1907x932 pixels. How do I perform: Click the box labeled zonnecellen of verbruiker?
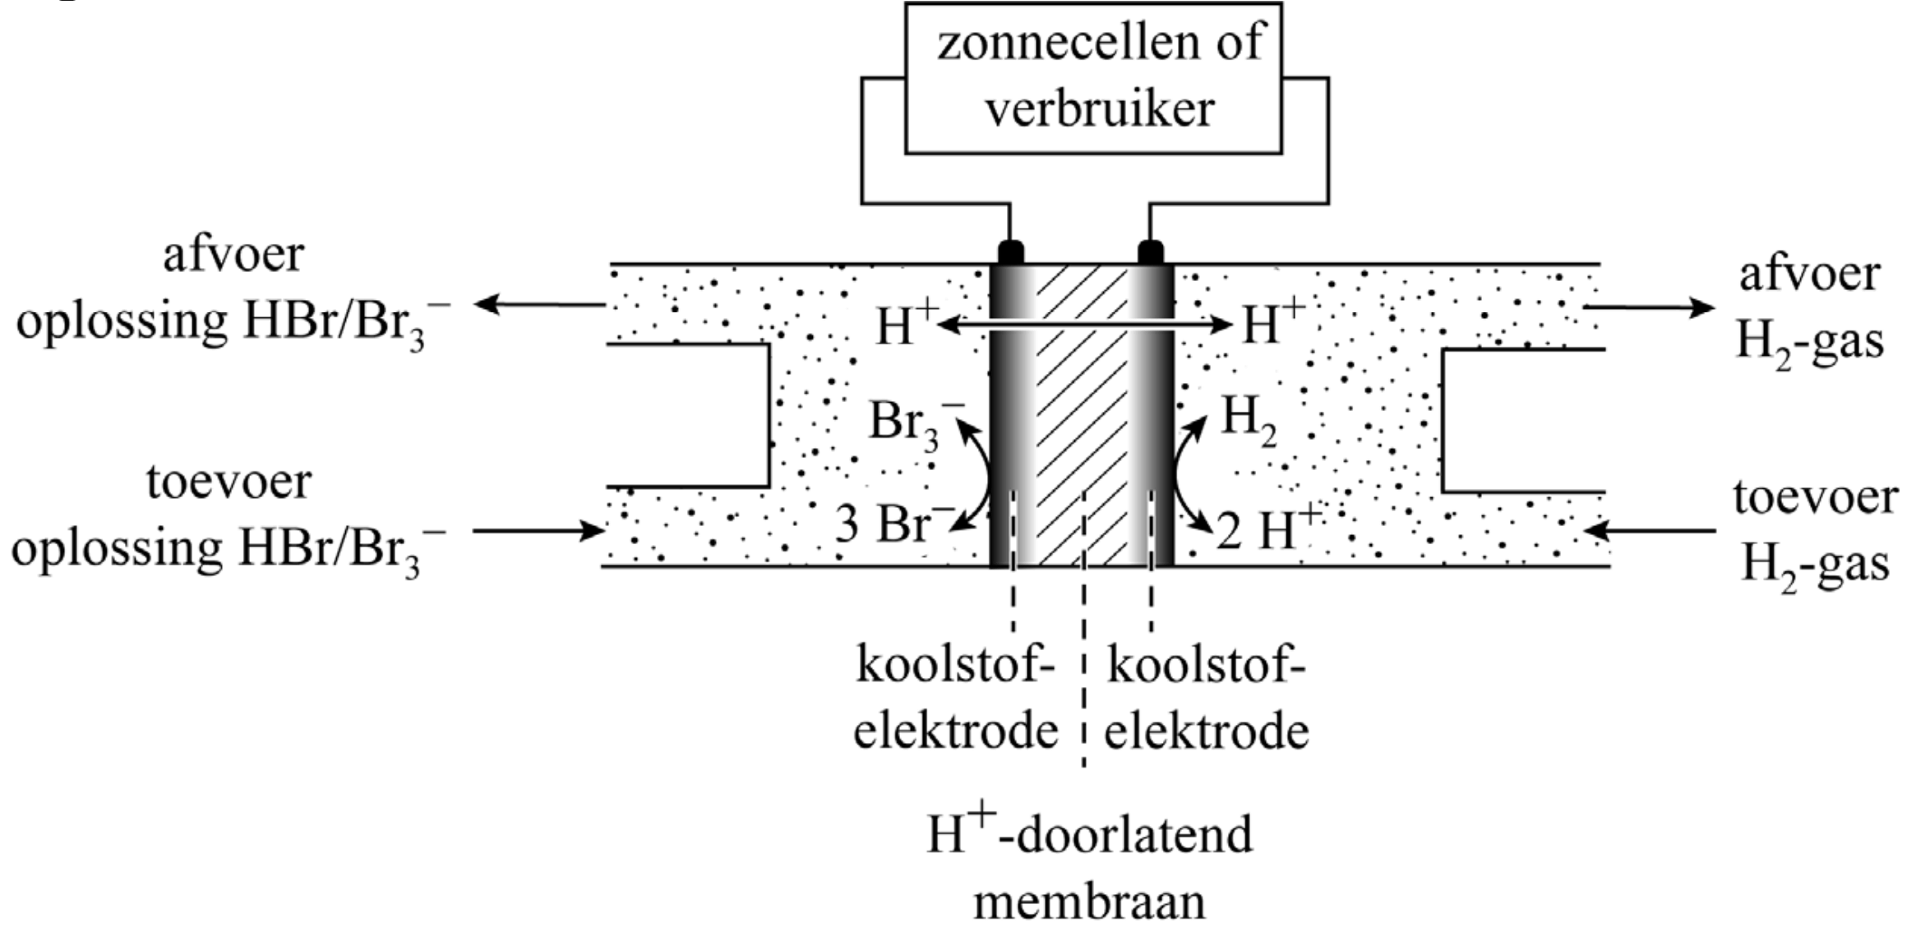[1093, 78]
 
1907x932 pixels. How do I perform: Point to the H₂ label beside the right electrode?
[1248, 419]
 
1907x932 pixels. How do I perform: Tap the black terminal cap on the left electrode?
[1010, 251]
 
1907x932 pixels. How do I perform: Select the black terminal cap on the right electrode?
[1150, 251]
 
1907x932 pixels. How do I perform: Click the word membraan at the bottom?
[1089, 902]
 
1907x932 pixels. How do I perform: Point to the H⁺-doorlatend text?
[1089, 834]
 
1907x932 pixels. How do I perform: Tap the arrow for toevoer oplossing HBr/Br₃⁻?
[538, 531]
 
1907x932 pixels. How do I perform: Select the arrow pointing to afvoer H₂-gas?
[1648, 308]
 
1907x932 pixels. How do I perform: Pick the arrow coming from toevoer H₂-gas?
[1648, 531]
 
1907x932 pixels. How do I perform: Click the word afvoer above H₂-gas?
[1808, 274]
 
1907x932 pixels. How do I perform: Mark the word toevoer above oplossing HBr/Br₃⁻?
[229, 482]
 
